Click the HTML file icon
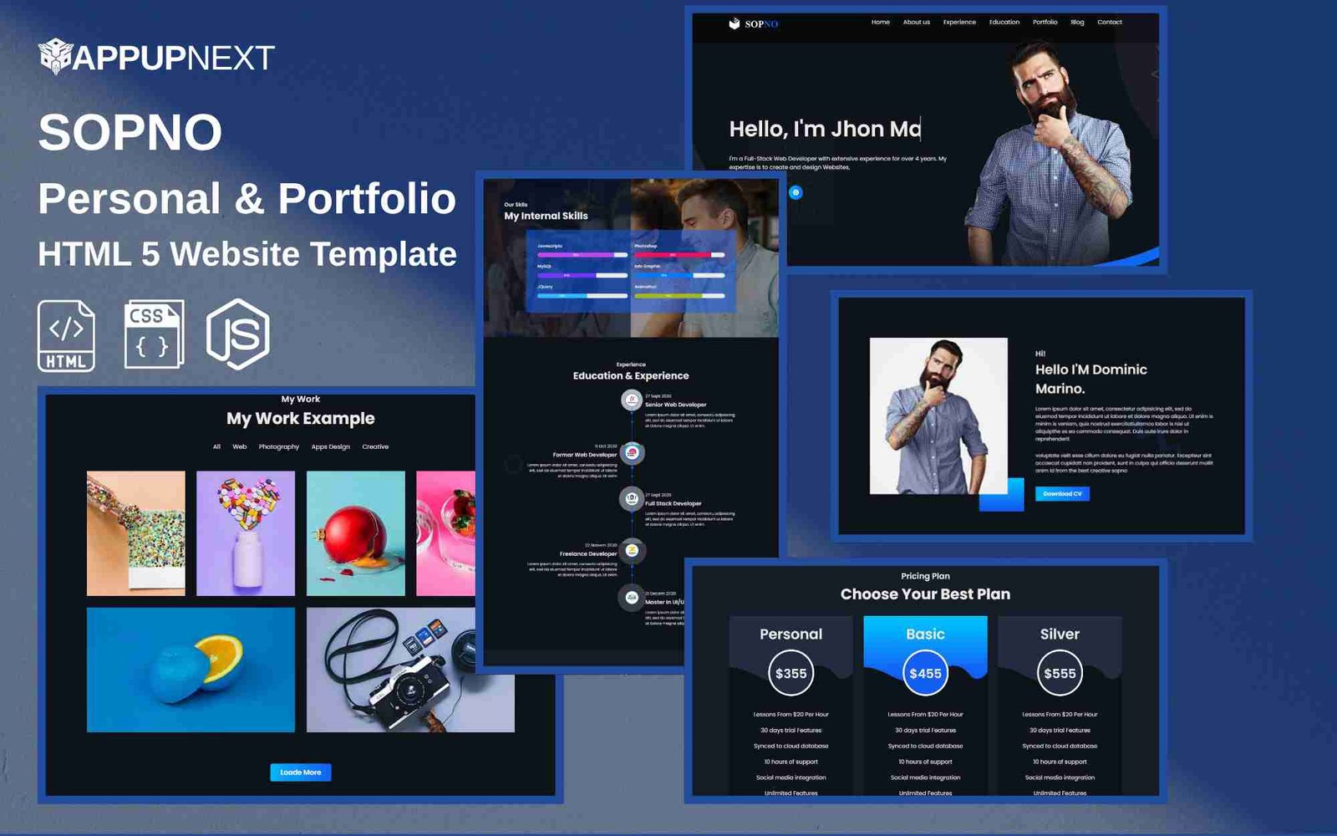tap(66, 335)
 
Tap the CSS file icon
tap(153, 334)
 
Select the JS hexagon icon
tap(238, 334)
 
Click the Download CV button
tap(1061, 494)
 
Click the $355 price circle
tap(791, 673)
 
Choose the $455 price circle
tap(925, 673)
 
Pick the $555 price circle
tap(1060, 673)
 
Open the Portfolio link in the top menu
tap(1045, 23)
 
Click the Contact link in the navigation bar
tap(1109, 23)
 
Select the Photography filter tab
tap(278, 447)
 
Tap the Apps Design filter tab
tap(330, 447)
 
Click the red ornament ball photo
tap(355, 533)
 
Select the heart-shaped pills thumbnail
tap(245, 533)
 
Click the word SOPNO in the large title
tap(130, 132)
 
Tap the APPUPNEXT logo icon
tap(55, 57)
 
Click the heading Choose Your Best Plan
tap(925, 594)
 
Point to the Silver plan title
tap(1060, 635)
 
